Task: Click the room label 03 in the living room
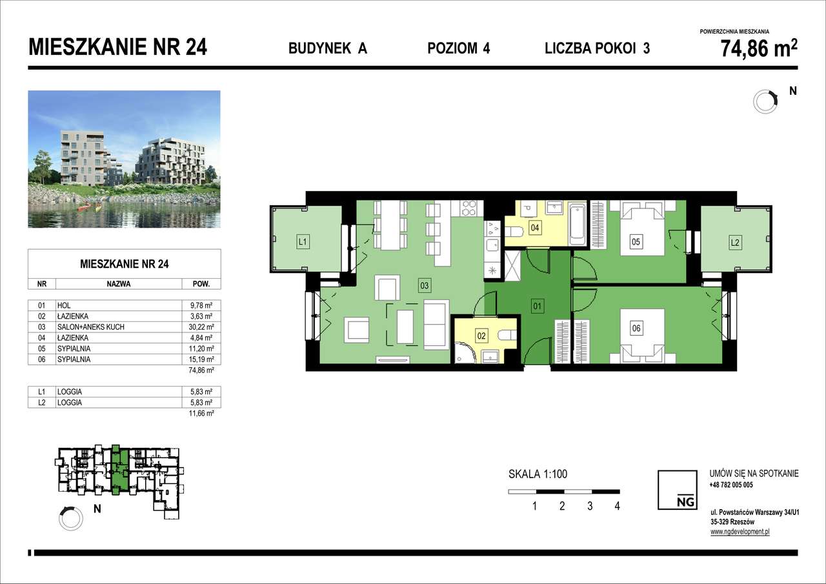click(424, 285)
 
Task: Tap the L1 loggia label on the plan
click(301, 242)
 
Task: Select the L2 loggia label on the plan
click(734, 243)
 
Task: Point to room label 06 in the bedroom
click(636, 328)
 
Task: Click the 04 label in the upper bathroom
click(535, 227)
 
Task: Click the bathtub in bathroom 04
click(578, 223)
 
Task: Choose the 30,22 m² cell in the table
click(205, 327)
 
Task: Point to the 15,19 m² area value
click(205, 359)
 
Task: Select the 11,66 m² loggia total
click(205, 414)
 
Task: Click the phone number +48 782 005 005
click(730, 485)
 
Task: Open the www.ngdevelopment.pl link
click(740, 532)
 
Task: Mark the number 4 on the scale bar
click(618, 507)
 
